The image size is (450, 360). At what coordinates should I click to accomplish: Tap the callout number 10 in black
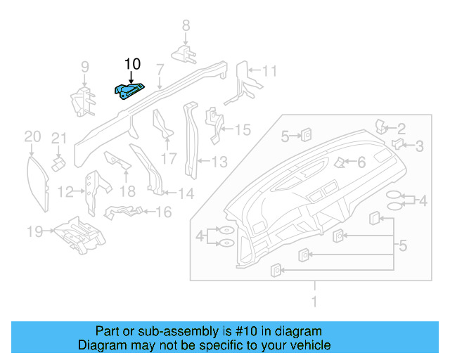pyautogui.click(x=132, y=64)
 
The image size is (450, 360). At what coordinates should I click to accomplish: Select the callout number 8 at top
pyautogui.click(x=186, y=26)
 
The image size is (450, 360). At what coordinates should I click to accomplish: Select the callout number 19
pyautogui.click(x=34, y=230)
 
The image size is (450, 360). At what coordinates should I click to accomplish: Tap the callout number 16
pyautogui.click(x=163, y=212)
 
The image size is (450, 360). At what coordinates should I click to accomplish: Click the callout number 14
pyautogui.click(x=186, y=193)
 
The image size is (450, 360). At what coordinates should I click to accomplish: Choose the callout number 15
pyautogui.click(x=242, y=129)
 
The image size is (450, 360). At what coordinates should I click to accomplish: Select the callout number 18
pyautogui.click(x=127, y=191)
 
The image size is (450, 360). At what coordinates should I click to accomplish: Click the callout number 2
pyautogui.click(x=401, y=128)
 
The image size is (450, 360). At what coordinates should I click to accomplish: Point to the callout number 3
pyautogui.click(x=419, y=146)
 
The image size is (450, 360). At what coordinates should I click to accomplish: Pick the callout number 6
pyautogui.click(x=361, y=162)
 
